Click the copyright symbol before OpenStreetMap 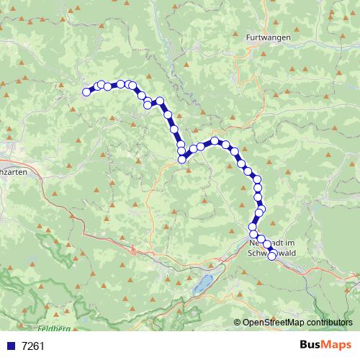tap(238, 323)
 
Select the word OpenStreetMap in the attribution tap(271, 323)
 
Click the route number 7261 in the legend tap(33, 346)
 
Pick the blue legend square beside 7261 tap(12, 346)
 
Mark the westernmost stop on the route tap(86, 91)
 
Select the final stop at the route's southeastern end tap(272, 256)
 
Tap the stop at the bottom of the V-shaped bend tap(182, 159)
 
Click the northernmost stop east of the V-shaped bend tap(215, 141)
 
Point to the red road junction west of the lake tap(135, 250)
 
